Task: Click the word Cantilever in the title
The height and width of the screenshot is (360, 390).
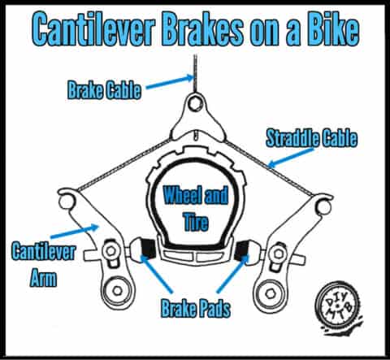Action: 93,29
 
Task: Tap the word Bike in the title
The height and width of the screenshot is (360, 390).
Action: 333,28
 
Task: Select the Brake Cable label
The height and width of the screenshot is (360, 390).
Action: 104,90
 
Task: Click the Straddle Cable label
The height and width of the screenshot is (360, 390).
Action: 311,138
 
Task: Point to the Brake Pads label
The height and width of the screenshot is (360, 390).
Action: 196,308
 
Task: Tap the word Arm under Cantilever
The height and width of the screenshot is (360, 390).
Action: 43,278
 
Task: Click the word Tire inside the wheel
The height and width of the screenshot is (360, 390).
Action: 196,221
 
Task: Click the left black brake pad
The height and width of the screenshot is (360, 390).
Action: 148,248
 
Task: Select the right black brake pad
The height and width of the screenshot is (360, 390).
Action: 242,249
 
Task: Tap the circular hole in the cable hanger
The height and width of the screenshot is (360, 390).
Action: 195,103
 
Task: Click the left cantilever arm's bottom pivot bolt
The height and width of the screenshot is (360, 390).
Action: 117,291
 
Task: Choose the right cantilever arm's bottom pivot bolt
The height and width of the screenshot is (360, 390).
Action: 270,293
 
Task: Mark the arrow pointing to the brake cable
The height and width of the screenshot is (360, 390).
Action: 170,82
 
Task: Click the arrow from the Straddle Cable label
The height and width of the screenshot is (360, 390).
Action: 291,157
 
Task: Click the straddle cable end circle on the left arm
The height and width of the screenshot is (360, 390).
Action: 66,202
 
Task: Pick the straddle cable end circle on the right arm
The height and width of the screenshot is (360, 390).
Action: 324,206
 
